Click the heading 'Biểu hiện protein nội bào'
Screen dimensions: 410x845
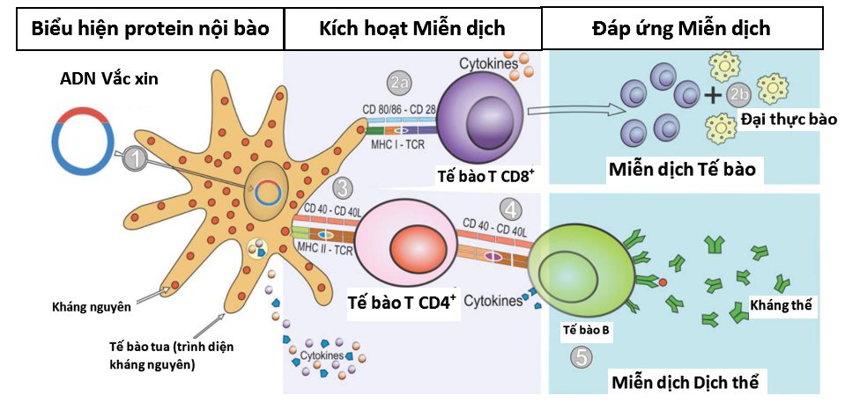click(148, 28)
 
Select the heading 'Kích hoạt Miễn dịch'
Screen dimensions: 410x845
click(411, 28)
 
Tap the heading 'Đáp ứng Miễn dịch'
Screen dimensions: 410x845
click(681, 28)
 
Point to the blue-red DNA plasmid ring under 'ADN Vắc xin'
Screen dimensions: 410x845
click(81, 138)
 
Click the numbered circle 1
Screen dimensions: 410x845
click(135, 158)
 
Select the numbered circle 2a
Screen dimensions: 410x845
click(399, 83)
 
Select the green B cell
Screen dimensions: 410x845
click(575, 269)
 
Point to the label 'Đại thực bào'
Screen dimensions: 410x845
click(789, 119)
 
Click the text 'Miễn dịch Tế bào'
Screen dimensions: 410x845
click(681, 169)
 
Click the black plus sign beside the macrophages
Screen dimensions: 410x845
click(712, 95)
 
